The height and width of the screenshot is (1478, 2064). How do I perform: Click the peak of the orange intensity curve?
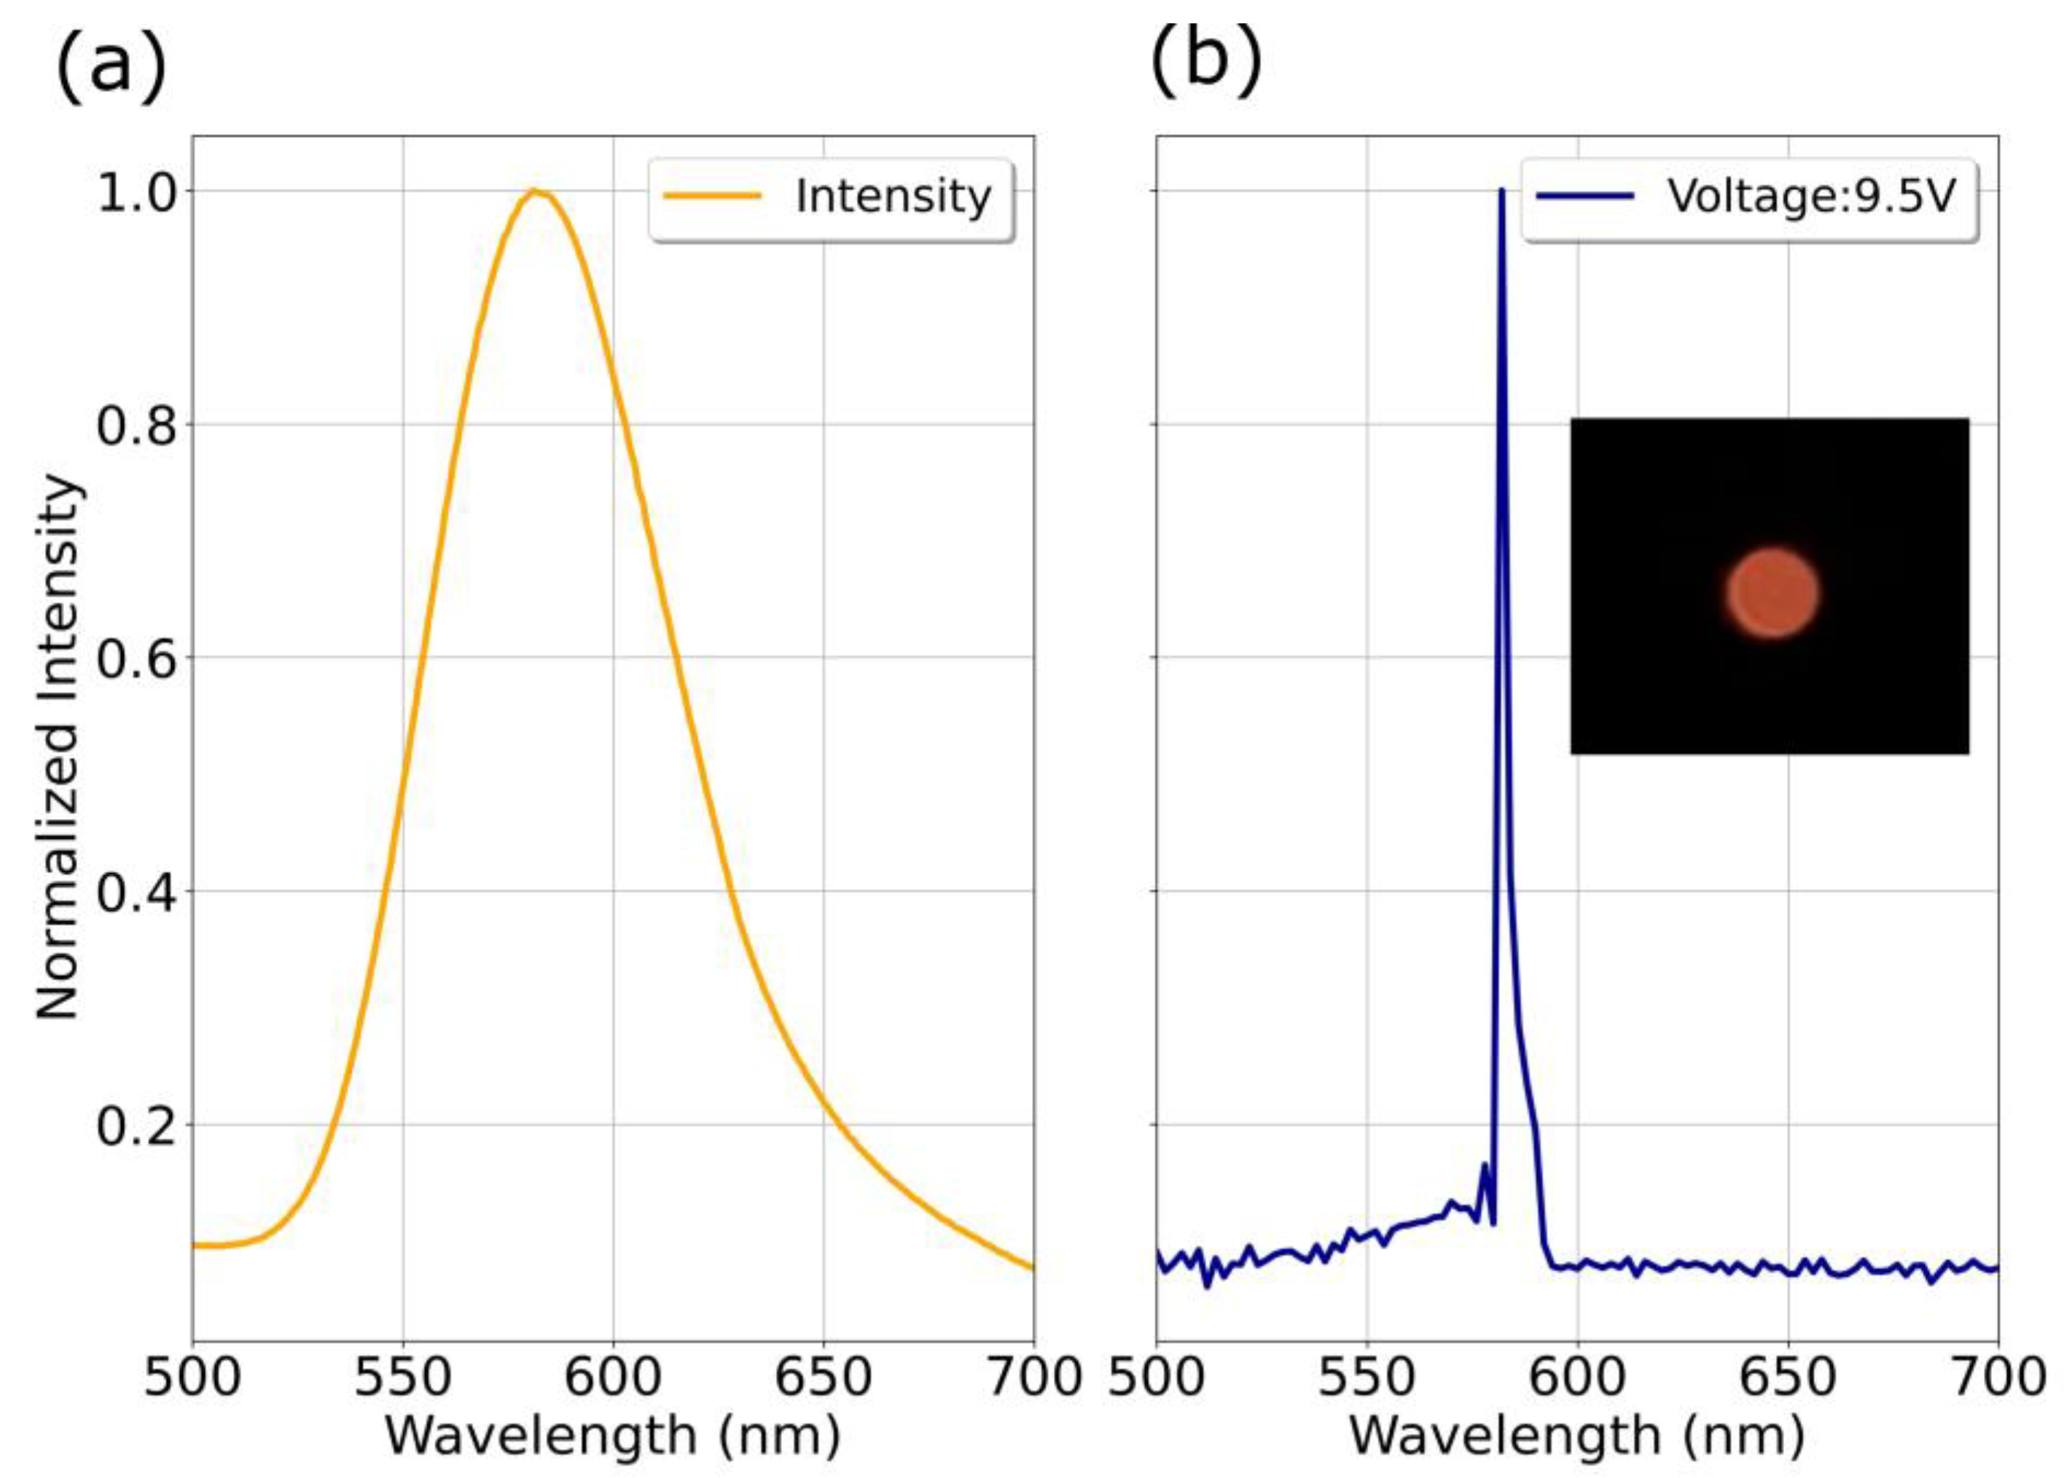tap(534, 191)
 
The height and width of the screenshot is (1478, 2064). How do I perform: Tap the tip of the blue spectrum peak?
tap(1501, 190)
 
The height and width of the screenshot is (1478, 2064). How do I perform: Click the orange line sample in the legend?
tap(711, 195)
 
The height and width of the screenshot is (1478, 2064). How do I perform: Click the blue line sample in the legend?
tap(1584, 195)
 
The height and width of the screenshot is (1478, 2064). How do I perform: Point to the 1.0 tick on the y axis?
tap(136, 193)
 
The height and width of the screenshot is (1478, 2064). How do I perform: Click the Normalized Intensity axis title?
tap(58, 746)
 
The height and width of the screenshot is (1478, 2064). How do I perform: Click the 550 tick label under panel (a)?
tap(402, 1376)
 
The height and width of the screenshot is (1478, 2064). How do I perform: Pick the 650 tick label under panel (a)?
tap(823, 1376)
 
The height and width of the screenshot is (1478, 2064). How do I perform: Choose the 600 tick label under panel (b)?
tap(1577, 1376)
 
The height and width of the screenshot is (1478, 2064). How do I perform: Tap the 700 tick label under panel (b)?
tap(1998, 1376)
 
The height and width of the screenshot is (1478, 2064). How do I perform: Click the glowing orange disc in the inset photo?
tap(1772, 593)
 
